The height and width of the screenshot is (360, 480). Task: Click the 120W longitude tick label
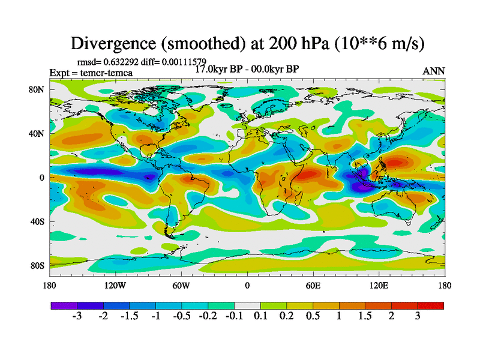pyautogui.click(x=115, y=286)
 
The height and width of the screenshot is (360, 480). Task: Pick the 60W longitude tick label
pyautogui.click(x=181, y=286)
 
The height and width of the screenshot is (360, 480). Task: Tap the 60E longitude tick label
pyautogui.click(x=313, y=286)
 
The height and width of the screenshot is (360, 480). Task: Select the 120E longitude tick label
pyautogui.click(x=379, y=286)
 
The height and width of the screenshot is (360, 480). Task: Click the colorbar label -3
pyautogui.click(x=77, y=316)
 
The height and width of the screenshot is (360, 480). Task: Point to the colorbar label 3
pyautogui.click(x=418, y=316)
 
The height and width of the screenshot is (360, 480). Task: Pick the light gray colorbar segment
pyautogui.click(x=247, y=306)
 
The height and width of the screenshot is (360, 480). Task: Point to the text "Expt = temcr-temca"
pyautogui.click(x=91, y=73)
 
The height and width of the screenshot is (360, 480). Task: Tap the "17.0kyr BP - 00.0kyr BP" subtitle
pyautogui.click(x=247, y=69)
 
